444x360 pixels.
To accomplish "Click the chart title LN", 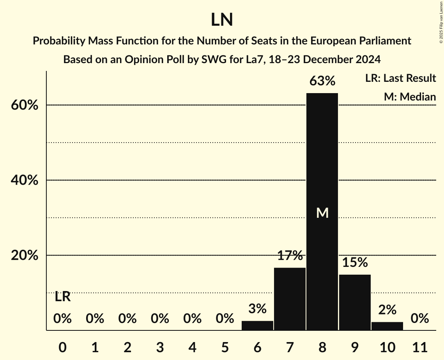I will tap(222, 20).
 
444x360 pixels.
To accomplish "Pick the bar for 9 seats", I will tap(355, 302).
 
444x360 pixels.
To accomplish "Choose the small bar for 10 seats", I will tap(387, 326).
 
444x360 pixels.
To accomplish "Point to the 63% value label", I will tap(322, 81).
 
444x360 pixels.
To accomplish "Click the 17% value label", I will tap(290, 256).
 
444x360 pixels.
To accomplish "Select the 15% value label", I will tap(355, 263).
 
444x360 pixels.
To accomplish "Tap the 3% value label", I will tap(257, 309).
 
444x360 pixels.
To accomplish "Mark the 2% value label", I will tap(387, 310).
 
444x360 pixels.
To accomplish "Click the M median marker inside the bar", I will tap(322, 213).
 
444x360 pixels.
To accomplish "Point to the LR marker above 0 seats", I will tap(62, 297).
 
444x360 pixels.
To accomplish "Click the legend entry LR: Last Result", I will tap(400, 78).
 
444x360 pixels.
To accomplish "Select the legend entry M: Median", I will tap(410, 97).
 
